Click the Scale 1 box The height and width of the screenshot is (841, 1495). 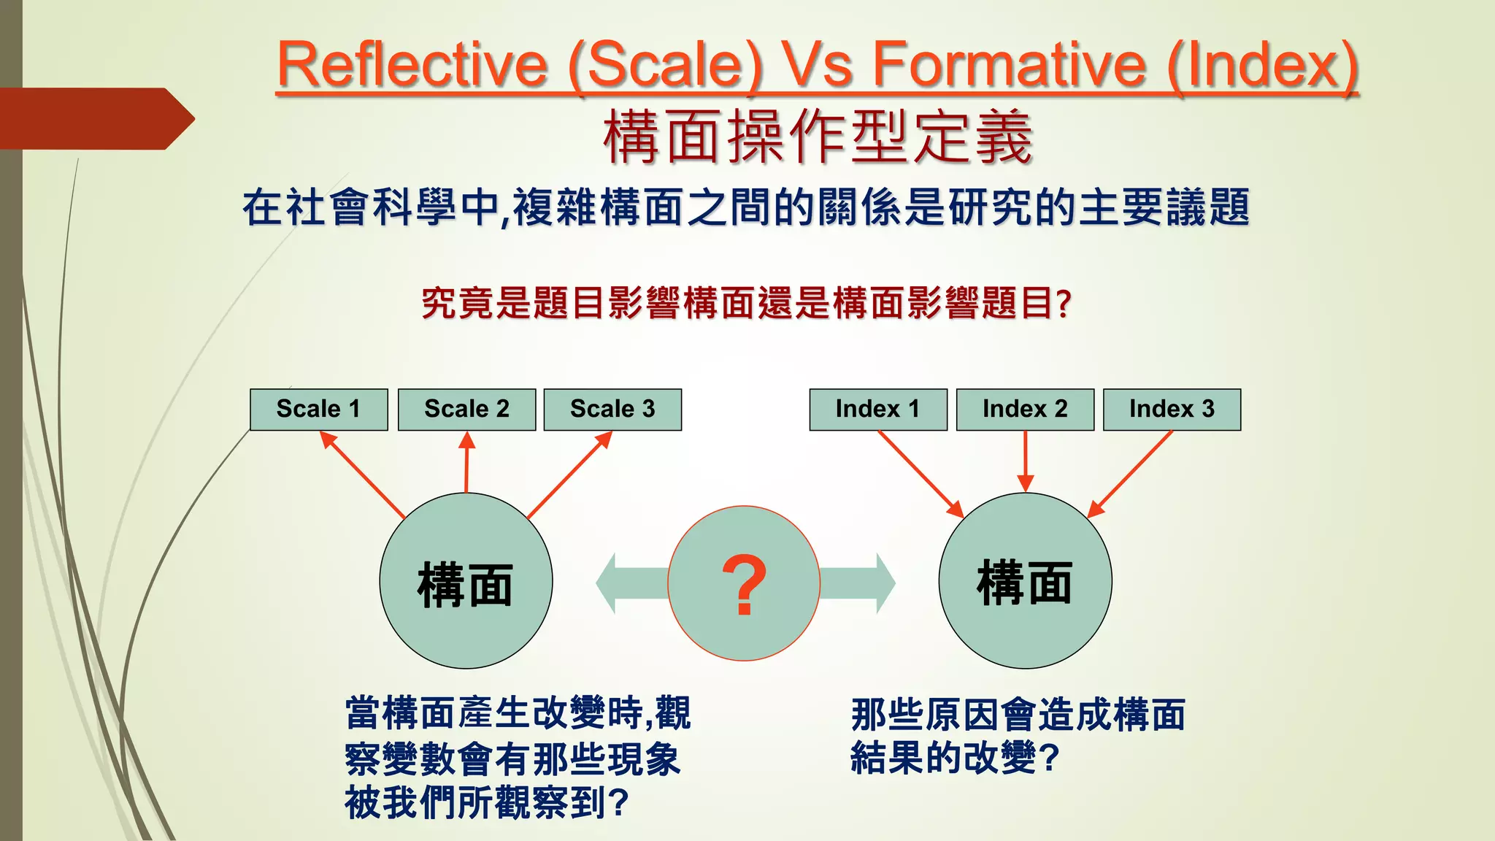[x=318, y=410]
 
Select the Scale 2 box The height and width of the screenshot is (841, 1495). [x=466, y=410]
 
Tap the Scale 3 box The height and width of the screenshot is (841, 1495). [x=612, y=410]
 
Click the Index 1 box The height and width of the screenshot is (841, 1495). [x=877, y=410]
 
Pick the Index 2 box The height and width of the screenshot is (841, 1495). [x=1025, y=410]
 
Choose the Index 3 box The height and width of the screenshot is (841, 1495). [x=1172, y=410]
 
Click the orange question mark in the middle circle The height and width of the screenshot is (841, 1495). [x=744, y=584]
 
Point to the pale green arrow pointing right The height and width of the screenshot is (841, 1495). [x=861, y=583]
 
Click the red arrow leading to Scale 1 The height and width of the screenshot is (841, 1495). [x=362, y=475]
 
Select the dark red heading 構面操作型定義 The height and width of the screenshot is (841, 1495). [x=818, y=137]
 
